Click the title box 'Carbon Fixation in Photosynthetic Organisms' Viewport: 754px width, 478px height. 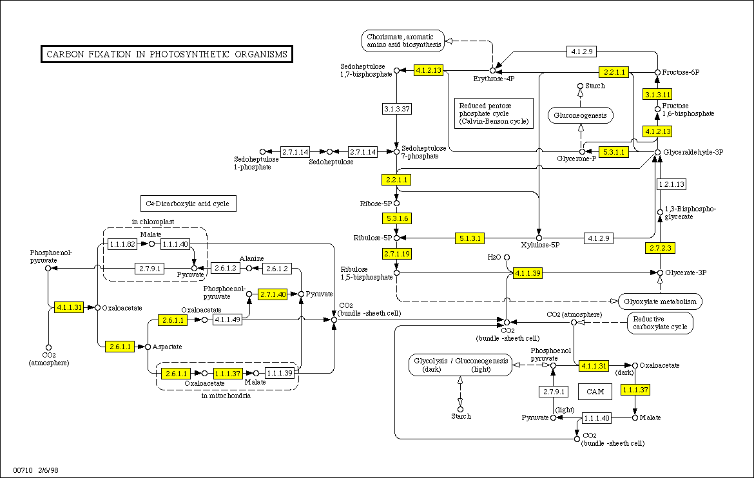(168, 54)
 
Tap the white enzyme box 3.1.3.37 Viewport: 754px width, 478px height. (396, 108)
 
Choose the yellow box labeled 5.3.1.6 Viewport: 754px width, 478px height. (396, 218)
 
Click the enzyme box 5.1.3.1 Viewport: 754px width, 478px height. (470, 238)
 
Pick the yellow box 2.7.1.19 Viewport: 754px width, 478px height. (396, 254)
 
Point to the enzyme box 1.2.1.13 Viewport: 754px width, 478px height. (671, 184)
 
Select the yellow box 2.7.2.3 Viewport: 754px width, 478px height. (659, 248)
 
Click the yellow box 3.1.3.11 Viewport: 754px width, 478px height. (658, 95)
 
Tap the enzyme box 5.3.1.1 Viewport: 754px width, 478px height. (613, 152)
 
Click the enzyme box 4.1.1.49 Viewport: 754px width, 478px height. (227, 319)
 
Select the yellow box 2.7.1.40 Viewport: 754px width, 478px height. (273, 294)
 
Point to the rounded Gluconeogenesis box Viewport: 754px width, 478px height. (581, 116)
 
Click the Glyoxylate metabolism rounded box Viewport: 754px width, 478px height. (661, 301)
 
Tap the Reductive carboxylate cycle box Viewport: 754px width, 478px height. (661, 323)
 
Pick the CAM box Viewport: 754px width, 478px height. (595, 391)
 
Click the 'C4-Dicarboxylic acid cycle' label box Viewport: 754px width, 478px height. (188, 204)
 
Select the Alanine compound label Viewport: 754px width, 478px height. (252, 258)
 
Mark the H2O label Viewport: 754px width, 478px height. (494, 257)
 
